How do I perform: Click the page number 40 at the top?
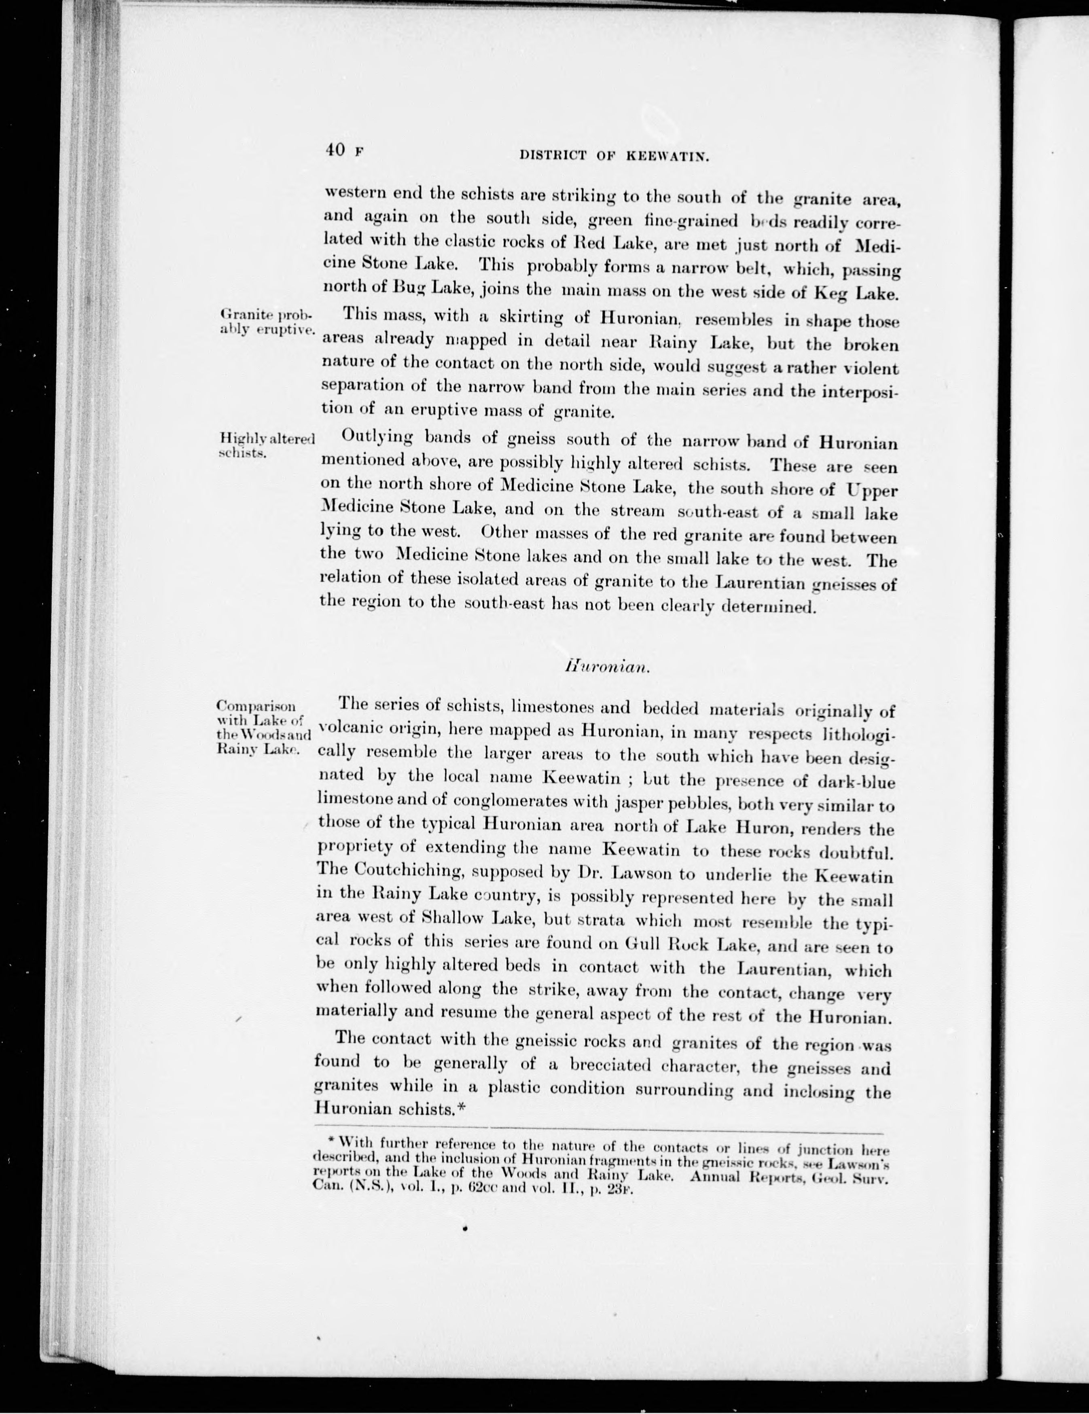tap(335, 150)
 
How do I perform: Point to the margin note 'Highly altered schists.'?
tap(266, 445)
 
